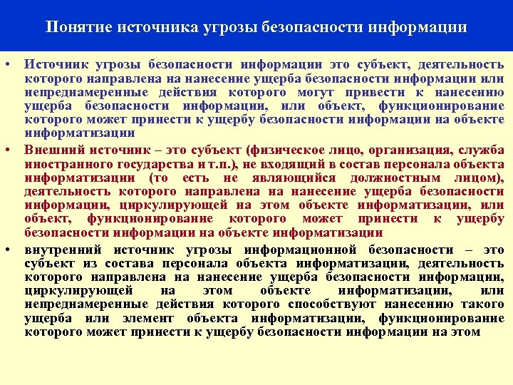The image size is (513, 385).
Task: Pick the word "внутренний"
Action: (60, 250)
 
